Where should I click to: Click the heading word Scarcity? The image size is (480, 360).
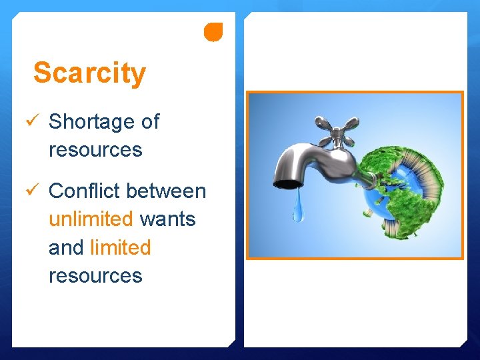[89, 73]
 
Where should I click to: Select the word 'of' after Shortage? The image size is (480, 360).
[150, 121]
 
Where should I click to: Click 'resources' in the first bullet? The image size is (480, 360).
[95, 149]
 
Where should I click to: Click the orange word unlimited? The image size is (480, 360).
[91, 219]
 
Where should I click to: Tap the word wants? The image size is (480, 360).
[167, 219]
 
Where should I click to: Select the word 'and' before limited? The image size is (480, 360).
[66, 247]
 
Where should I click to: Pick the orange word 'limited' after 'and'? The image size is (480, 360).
[120, 247]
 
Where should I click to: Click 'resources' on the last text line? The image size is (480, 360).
[95, 275]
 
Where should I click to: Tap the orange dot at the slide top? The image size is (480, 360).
[213, 31]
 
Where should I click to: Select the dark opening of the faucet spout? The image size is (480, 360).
[287, 183]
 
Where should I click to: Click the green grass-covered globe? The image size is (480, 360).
[400, 193]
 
